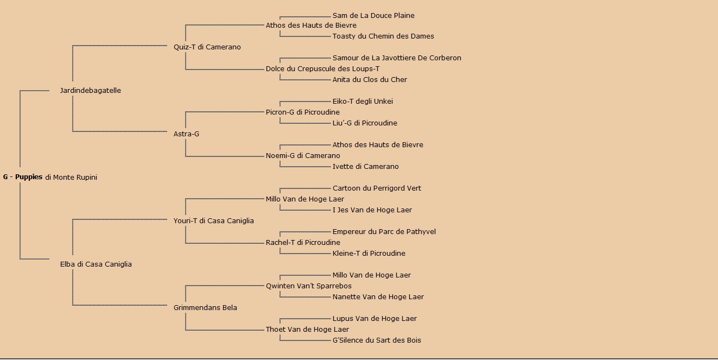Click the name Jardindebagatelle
pyautogui.click(x=91, y=91)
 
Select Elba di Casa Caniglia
pyautogui.click(x=96, y=264)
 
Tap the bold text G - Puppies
pyautogui.click(x=23, y=177)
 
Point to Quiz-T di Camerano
pyautogui.click(x=207, y=47)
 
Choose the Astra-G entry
pyautogui.click(x=186, y=134)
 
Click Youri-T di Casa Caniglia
pyautogui.click(x=213, y=221)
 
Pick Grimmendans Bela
pyautogui.click(x=205, y=308)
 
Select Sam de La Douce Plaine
pyautogui.click(x=373, y=15)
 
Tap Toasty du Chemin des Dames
pyautogui.click(x=383, y=36)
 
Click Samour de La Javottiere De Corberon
pyautogui.click(x=397, y=58)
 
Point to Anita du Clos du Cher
pyautogui.click(x=370, y=79)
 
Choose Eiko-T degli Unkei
pyautogui.click(x=363, y=102)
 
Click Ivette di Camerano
pyautogui.click(x=365, y=166)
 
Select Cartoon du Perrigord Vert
pyautogui.click(x=377, y=188)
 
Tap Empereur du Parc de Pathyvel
pyautogui.click(x=384, y=231)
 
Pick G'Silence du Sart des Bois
pyautogui.click(x=377, y=340)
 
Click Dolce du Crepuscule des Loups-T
pyautogui.click(x=322, y=69)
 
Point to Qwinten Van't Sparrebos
pyautogui.click(x=308, y=286)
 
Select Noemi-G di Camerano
pyautogui.click(x=303, y=155)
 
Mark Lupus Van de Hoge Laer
pyautogui.click(x=374, y=319)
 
